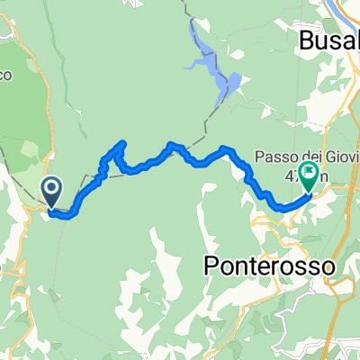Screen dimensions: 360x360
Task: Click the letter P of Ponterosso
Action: pyautogui.click(x=212, y=267)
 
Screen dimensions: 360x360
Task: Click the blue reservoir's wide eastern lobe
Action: pyautogui.click(x=229, y=84)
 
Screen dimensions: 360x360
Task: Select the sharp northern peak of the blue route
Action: pyautogui.click(x=122, y=143)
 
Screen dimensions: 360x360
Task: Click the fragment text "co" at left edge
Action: pyautogui.click(x=7, y=75)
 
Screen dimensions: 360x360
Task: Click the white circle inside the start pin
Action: pyautogui.click(x=52, y=187)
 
